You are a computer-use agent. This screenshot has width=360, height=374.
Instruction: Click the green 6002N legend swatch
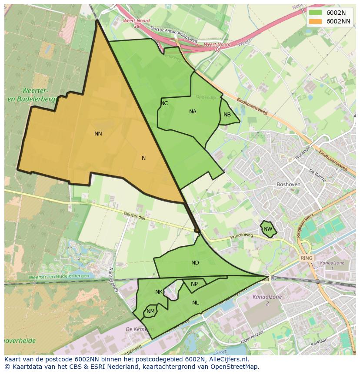pos(316,13)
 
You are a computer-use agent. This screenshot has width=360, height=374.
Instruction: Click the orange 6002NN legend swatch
pos(316,21)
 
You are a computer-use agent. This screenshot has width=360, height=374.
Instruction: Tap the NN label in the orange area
pos(98,134)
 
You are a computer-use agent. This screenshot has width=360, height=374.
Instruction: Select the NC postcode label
pos(164,103)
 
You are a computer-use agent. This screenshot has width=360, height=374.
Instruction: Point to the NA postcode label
pos(193,112)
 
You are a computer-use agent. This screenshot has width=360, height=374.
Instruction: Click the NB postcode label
pos(227,115)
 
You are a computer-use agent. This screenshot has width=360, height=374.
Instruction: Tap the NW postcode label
pos(268,229)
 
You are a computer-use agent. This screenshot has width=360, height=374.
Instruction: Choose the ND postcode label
pos(195,263)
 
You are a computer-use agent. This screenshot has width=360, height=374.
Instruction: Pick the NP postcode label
pos(194,284)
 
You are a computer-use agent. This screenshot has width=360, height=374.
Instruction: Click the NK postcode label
pos(159,292)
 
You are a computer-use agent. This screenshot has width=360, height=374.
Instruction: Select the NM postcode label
pos(150,311)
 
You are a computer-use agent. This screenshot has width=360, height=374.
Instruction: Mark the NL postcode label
pos(195,303)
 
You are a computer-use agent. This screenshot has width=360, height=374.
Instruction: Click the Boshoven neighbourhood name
pos(288,184)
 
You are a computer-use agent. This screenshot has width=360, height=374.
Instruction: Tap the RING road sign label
pos(307,258)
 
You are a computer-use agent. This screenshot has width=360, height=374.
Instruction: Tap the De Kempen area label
pos(137,329)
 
